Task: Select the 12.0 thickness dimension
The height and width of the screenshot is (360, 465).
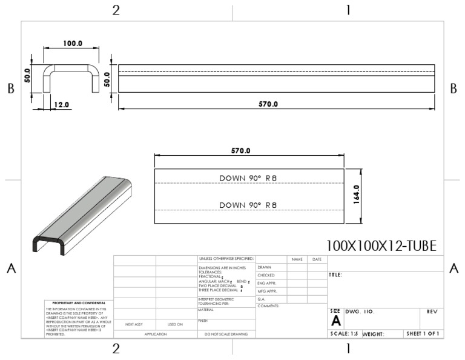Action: [62, 104]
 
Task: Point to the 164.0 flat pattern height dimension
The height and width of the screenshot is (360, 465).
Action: [357, 196]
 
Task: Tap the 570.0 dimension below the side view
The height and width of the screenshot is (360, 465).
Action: [268, 104]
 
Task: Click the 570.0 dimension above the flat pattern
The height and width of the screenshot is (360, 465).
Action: [241, 150]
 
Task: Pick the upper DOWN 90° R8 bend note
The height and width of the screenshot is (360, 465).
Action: [248, 178]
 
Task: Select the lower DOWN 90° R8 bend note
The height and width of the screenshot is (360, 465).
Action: [248, 205]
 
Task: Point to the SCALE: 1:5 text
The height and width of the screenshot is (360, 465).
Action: [344, 333]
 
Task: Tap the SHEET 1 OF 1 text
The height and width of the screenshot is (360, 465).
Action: [423, 333]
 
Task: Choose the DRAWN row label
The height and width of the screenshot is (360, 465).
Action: [264, 267]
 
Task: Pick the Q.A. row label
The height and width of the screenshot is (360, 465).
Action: [262, 299]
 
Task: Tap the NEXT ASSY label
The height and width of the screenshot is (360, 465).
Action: [134, 324]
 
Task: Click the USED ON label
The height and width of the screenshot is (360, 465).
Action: [176, 324]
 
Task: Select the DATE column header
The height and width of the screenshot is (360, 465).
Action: [317, 259]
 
